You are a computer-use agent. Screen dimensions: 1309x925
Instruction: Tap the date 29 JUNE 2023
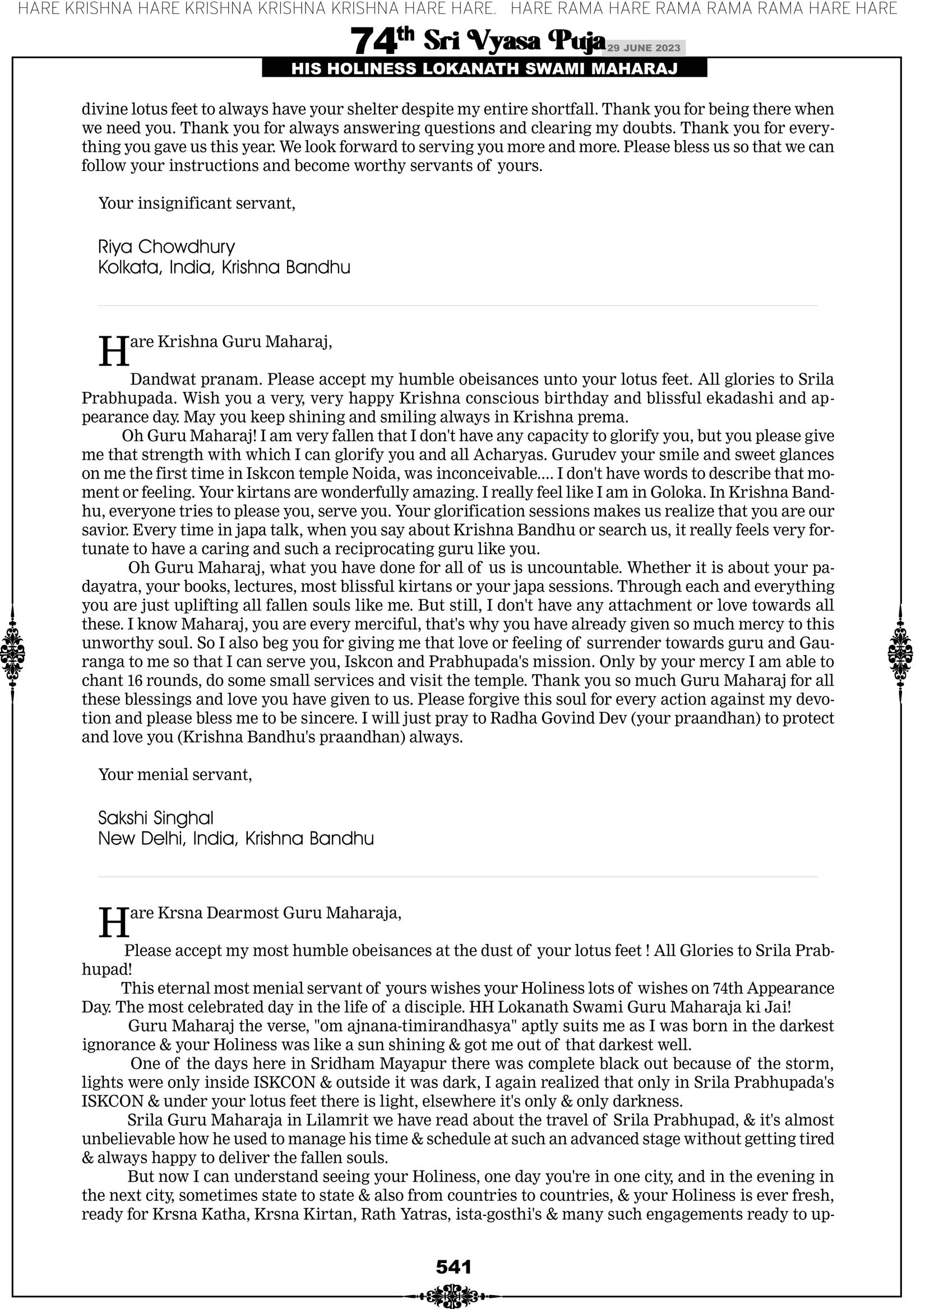[643, 48]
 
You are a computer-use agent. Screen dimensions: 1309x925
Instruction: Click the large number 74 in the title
[373, 41]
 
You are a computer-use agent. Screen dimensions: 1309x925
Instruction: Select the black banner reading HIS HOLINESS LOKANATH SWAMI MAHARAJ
[484, 69]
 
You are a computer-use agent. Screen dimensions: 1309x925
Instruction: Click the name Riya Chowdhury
[166, 247]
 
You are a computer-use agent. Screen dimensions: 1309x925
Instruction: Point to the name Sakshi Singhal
[156, 818]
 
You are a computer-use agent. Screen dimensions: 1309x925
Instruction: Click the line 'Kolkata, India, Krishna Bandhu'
[224, 267]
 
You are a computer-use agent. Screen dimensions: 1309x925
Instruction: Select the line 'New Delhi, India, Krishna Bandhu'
[236, 839]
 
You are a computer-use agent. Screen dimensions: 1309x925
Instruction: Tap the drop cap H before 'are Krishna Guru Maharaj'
[113, 351]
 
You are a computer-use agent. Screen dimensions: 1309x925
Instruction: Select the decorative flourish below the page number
[452, 1296]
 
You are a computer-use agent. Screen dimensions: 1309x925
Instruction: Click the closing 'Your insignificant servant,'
[197, 203]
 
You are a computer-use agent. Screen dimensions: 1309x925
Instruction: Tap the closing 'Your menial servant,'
[175, 774]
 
